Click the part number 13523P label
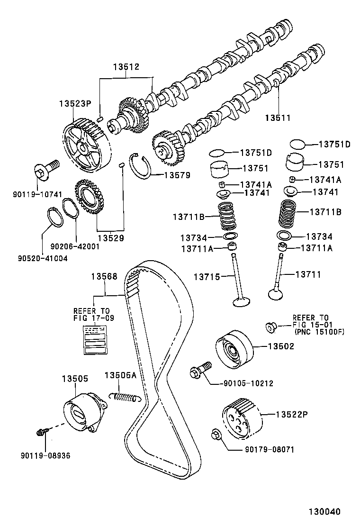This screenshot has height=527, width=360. pyautogui.click(x=74, y=103)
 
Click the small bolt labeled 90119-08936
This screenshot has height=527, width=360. pyautogui.click(x=41, y=432)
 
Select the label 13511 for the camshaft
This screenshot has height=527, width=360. pyautogui.click(x=278, y=117)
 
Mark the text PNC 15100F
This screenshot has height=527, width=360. pyautogui.click(x=319, y=332)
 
